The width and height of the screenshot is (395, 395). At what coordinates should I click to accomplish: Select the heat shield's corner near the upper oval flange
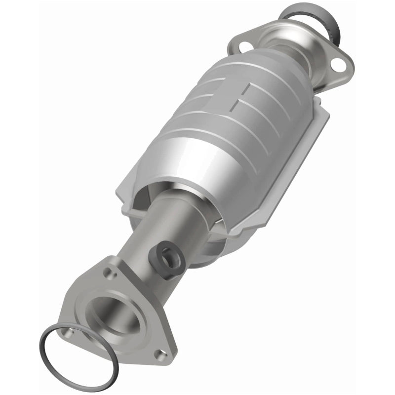[x=318, y=101]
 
